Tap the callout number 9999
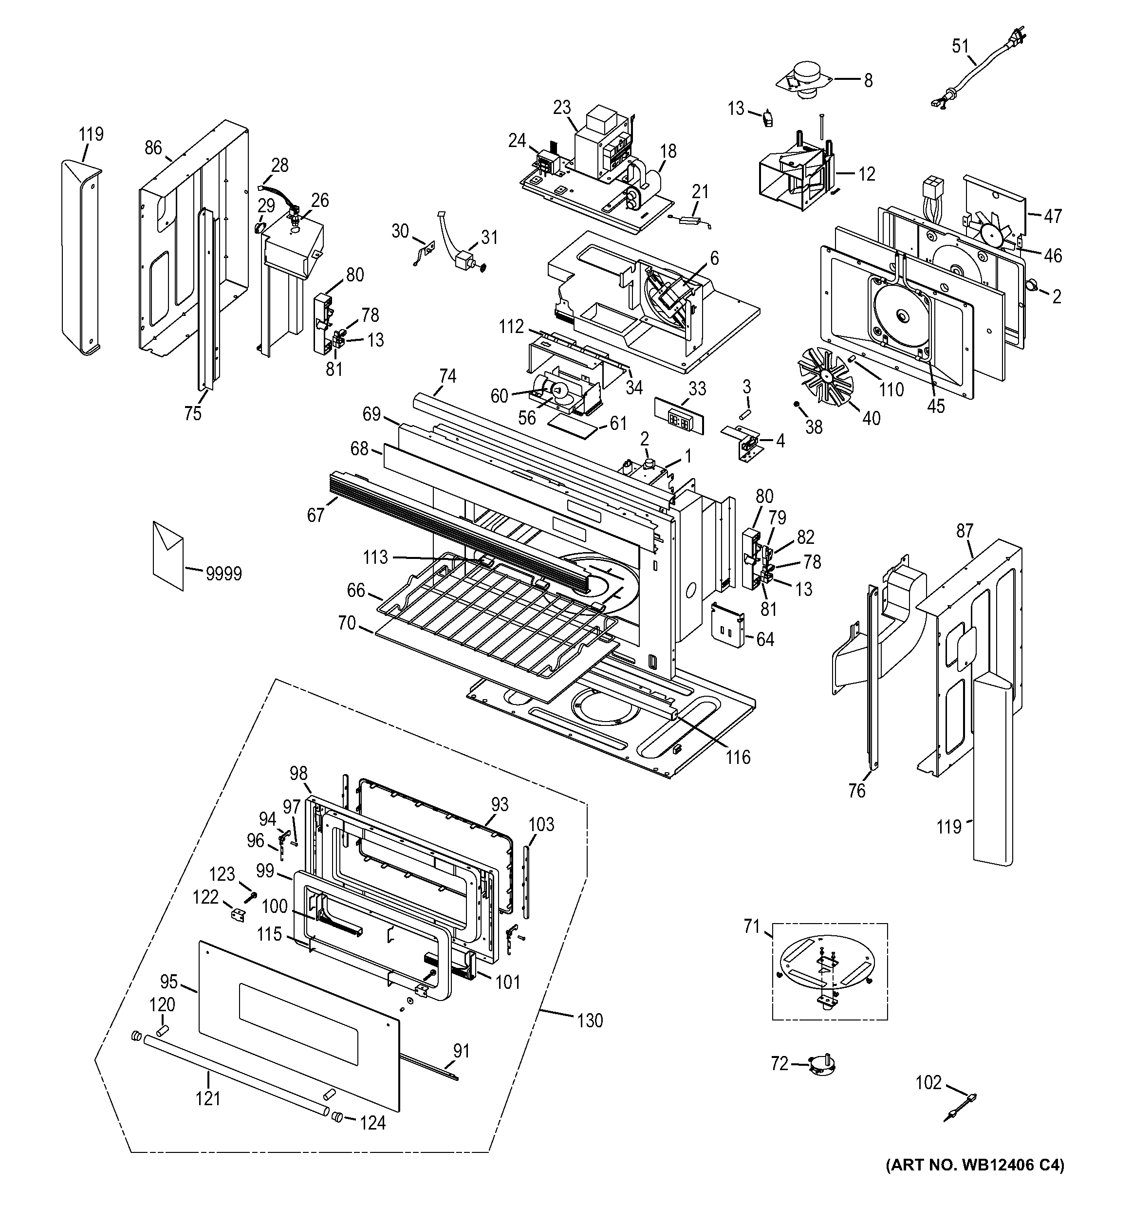(223, 574)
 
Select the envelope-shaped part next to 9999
(168, 555)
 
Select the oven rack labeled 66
(497, 612)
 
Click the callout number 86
(153, 148)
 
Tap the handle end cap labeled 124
(337, 1117)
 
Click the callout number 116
(738, 757)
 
